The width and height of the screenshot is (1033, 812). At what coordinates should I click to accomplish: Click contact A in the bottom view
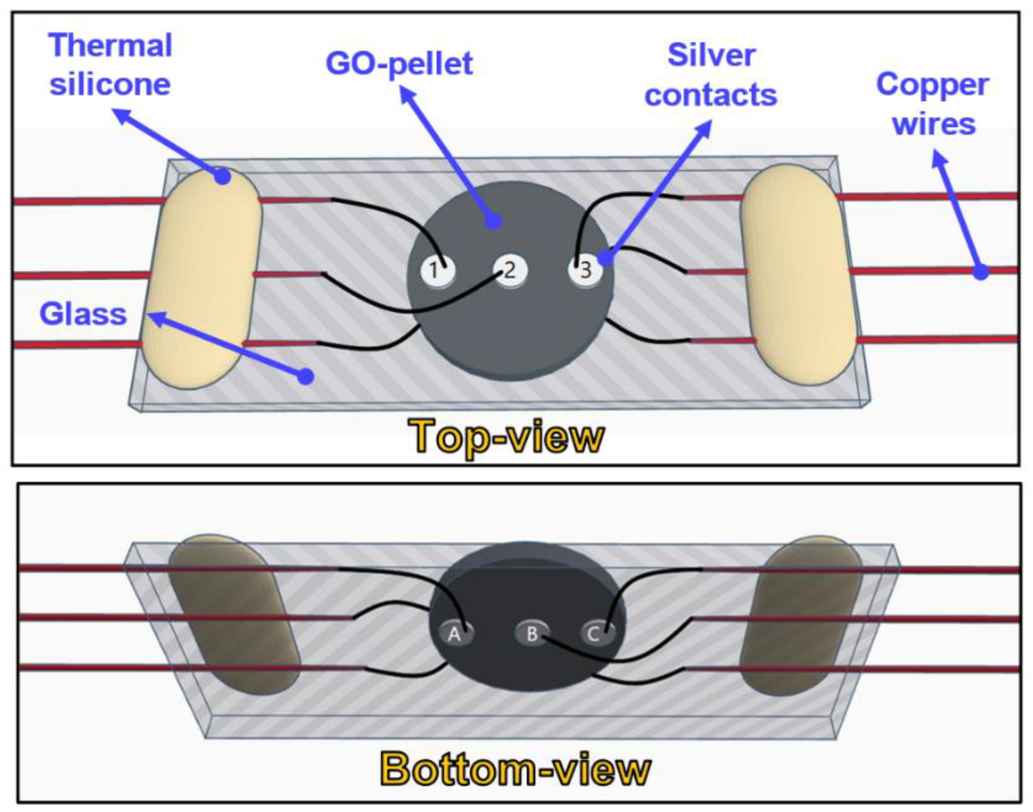(x=456, y=634)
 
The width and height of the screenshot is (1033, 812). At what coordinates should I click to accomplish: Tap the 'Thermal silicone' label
(x=110, y=65)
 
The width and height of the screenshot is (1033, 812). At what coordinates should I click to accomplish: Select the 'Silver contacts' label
(x=711, y=75)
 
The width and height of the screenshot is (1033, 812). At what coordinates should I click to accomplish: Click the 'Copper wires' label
(x=933, y=104)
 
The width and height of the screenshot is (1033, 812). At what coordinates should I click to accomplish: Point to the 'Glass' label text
(x=83, y=314)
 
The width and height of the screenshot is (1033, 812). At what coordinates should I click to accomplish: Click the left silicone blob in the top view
(x=202, y=278)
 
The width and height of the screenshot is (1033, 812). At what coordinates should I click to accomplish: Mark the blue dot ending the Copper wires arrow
(x=981, y=272)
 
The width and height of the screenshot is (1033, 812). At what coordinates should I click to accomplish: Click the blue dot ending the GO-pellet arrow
(x=494, y=221)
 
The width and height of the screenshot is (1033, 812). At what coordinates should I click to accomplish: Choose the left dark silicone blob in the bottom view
(x=233, y=614)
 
